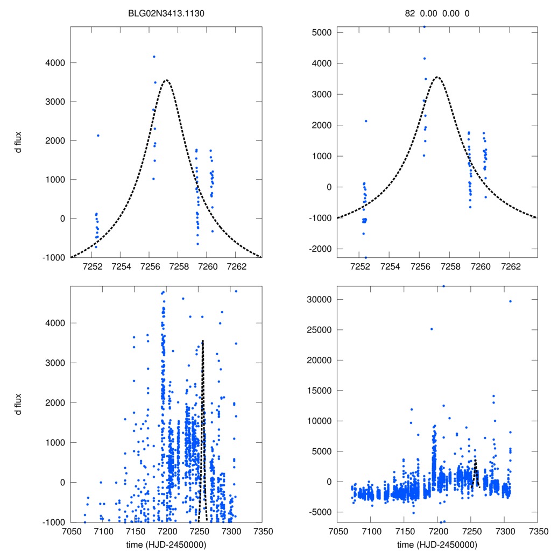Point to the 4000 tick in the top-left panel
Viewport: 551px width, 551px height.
(54, 63)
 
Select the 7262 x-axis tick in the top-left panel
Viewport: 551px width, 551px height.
(237, 266)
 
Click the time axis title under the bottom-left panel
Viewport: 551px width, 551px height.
(166, 544)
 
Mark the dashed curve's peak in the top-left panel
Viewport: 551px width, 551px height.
(166, 80)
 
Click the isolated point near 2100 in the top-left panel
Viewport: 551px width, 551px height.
(98, 136)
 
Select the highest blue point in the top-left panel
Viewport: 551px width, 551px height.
(154, 56)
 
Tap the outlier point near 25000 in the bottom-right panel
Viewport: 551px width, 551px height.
(432, 329)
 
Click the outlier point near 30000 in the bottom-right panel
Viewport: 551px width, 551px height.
(510, 301)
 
